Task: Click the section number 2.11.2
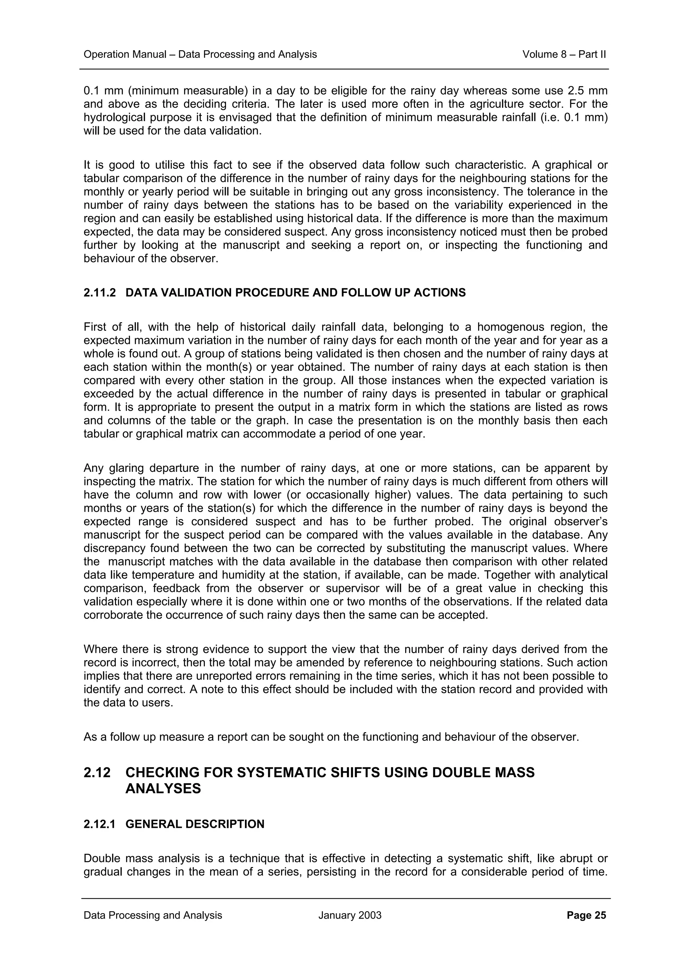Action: coord(100,293)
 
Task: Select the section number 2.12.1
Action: coord(100,824)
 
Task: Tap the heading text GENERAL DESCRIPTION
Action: coord(195,824)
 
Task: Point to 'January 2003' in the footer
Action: coord(350,915)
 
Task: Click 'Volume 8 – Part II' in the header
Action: coord(564,54)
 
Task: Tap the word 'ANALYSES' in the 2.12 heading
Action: coord(163,788)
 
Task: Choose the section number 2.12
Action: coord(96,772)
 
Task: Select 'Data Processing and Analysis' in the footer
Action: coord(153,915)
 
